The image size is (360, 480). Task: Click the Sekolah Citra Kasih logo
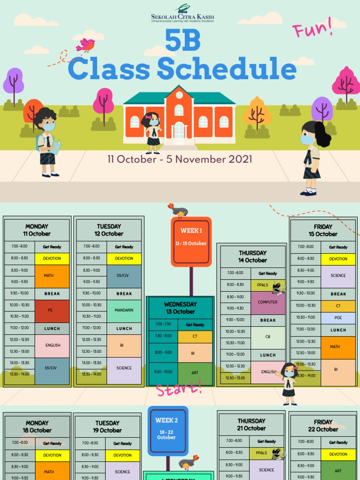tap(182, 14)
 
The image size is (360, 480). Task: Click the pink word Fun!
tap(312, 28)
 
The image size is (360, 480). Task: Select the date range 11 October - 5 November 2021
tap(180, 159)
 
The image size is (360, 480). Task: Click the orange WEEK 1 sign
tap(191, 242)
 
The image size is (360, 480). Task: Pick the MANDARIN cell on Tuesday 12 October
tap(124, 310)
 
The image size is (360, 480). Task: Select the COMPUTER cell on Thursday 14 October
tap(268, 302)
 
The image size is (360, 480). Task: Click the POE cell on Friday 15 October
tap(338, 318)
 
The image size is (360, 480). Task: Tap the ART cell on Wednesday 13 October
tap(195, 373)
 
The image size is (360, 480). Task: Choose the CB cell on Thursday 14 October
tap(268, 337)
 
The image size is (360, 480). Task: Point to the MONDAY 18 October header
tap(37, 427)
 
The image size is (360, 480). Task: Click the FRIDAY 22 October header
tap(323, 426)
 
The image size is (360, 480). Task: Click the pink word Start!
tap(179, 388)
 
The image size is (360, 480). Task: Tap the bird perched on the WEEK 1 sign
tap(179, 210)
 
